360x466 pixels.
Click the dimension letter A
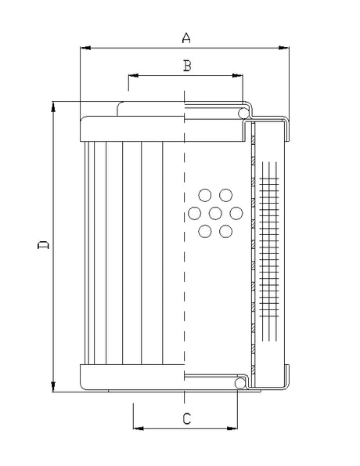point(185,37)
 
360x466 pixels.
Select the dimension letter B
point(186,66)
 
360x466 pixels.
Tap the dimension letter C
point(186,419)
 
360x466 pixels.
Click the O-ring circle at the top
point(244,115)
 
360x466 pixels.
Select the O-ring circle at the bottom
point(243,384)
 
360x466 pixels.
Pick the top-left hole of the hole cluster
point(205,194)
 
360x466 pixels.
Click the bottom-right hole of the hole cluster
point(226,231)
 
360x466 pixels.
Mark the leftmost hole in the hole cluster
point(194,212)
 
